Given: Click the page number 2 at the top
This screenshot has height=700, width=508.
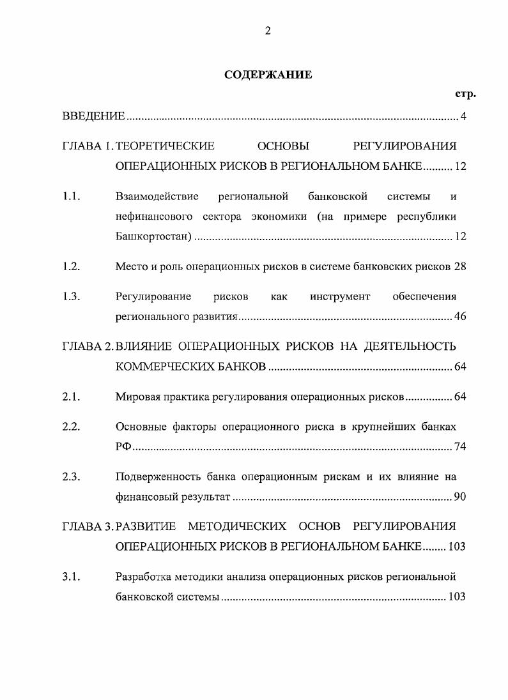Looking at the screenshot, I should pyautogui.click(x=268, y=31).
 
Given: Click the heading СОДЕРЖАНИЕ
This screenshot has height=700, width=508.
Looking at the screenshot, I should pyautogui.click(x=268, y=75).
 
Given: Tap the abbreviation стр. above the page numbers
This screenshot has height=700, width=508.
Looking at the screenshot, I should pyautogui.click(x=465, y=95).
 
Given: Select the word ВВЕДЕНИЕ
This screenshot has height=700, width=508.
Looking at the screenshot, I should pyautogui.click(x=93, y=116).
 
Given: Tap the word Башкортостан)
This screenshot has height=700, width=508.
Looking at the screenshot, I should pyautogui.click(x=153, y=236).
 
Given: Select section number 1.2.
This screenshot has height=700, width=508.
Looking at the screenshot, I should pyautogui.click(x=71, y=267).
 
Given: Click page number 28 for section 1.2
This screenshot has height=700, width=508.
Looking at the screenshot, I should pyautogui.click(x=460, y=267).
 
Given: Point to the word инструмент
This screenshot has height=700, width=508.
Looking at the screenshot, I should pyautogui.click(x=340, y=296).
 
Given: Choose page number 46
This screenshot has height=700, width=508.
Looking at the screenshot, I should pyautogui.click(x=460, y=317).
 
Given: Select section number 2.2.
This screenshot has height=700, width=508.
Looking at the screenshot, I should pyautogui.click(x=71, y=427).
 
